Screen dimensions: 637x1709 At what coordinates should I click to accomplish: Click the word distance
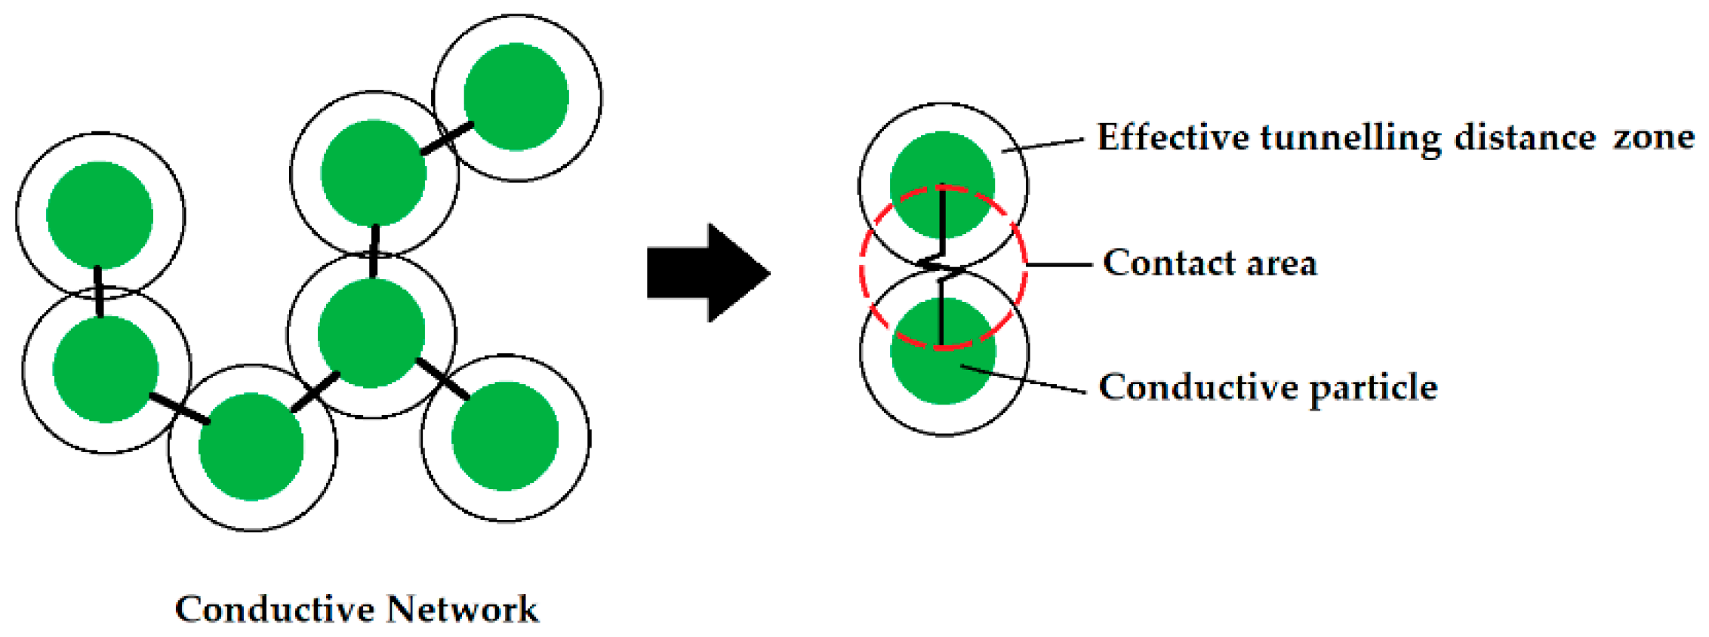click(x=1525, y=137)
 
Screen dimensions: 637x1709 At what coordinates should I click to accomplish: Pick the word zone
click(x=1654, y=137)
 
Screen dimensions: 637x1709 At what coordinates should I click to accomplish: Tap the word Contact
click(x=1168, y=263)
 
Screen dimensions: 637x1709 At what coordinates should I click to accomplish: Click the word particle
click(x=1373, y=389)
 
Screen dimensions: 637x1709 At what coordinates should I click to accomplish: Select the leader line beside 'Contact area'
click(x=1059, y=265)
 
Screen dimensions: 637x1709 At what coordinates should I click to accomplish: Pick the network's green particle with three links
click(x=371, y=333)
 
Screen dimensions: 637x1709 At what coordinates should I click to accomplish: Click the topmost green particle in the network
click(x=516, y=97)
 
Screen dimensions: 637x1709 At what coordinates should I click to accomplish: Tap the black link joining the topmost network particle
click(x=447, y=138)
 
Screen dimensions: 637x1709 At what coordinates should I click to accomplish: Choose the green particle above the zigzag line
click(x=942, y=184)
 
